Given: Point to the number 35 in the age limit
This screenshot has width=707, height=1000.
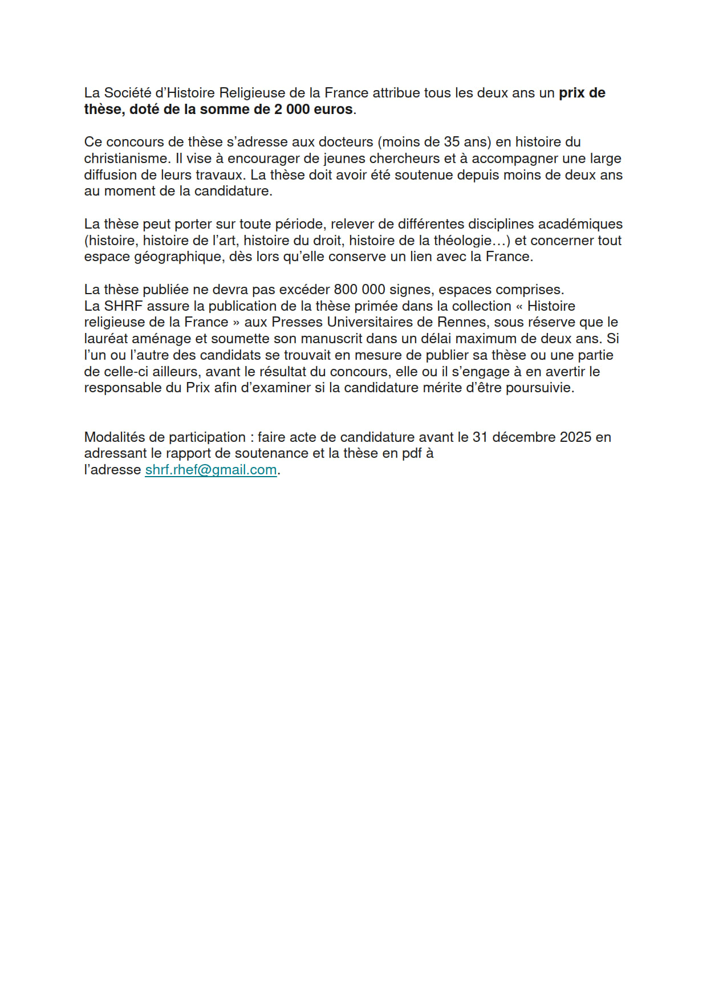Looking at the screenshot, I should click(x=452, y=142).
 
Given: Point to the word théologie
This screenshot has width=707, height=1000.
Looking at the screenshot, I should click(x=462, y=241).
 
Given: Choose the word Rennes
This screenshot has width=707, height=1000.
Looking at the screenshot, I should click(x=462, y=322).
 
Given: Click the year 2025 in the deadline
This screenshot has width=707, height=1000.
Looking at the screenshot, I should click(x=575, y=437).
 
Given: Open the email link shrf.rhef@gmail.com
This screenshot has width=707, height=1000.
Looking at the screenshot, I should click(x=211, y=470).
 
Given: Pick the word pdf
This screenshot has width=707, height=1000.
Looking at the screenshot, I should click(x=410, y=453).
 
